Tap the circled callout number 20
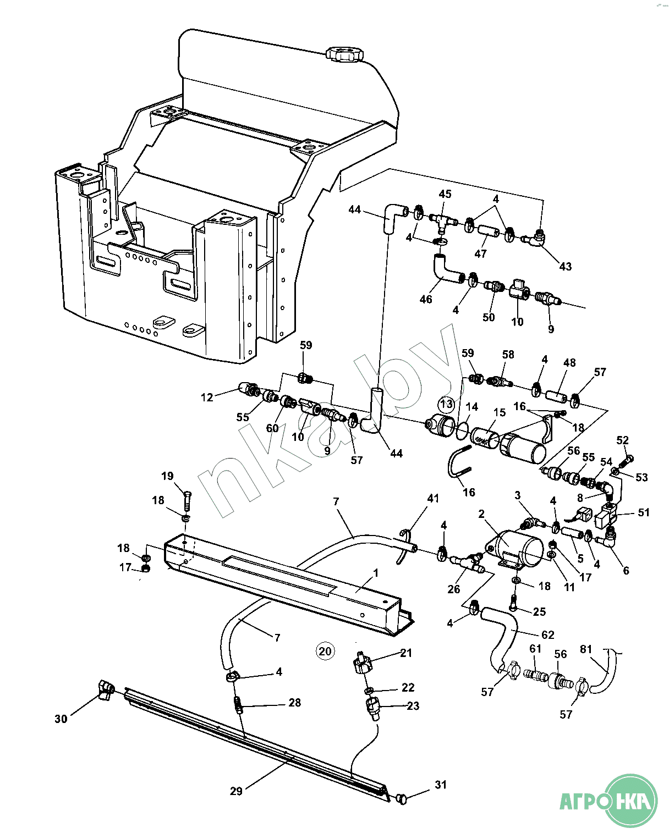325,652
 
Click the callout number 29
236,791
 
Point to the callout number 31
441,785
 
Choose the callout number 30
61,719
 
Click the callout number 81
586,649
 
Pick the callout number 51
644,512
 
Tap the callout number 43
565,267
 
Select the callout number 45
445,194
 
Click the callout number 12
207,397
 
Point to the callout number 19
167,476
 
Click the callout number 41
434,499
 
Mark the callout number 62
548,635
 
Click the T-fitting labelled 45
441,221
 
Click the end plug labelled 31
402,798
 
